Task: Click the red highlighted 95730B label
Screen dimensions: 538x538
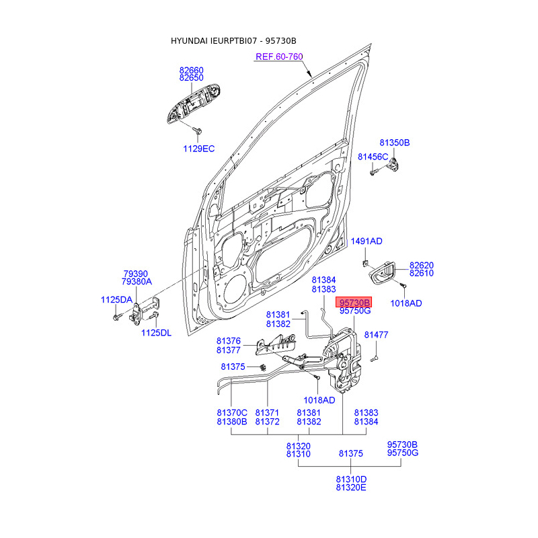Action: pyautogui.click(x=354, y=302)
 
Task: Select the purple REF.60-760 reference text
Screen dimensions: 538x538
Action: pyautogui.click(x=279, y=56)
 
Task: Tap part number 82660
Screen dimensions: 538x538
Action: pyautogui.click(x=192, y=71)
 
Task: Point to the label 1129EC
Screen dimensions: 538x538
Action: pyautogui.click(x=198, y=149)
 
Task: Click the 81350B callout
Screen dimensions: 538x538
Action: pyautogui.click(x=395, y=143)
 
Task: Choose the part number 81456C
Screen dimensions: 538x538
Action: pyautogui.click(x=373, y=157)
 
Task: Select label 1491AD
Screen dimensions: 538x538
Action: pyautogui.click(x=367, y=241)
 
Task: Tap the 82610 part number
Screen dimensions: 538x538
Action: pyautogui.click(x=422, y=273)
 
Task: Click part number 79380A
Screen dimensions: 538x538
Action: pyautogui.click(x=137, y=282)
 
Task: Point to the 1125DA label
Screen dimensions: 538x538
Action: pyautogui.click(x=116, y=300)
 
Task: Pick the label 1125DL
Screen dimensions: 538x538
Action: pyautogui.click(x=156, y=333)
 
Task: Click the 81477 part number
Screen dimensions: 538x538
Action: pyautogui.click(x=376, y=335)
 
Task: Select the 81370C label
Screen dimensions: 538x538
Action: pyautogui.click(x=232, y=413)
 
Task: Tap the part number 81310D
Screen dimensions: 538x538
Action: pyautogui.click(x=351, y=479)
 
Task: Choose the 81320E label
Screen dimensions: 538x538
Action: pyautogui.click(x=351, y=488)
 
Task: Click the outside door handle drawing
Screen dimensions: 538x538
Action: pyautogui.click(x=193, y=103)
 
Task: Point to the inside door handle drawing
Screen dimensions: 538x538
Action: pyautogui.click(x=382, y=273)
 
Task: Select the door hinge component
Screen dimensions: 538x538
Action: pyautogui.click(x=144, y=311)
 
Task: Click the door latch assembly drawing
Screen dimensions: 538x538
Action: pyautogui.click(x=342, y=360)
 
